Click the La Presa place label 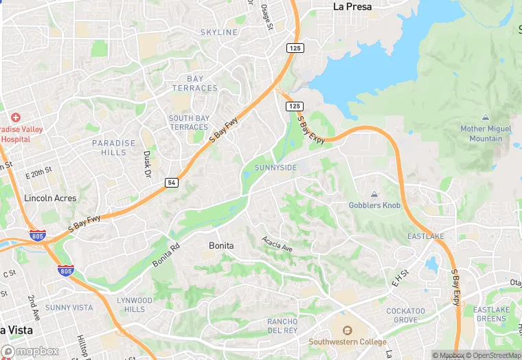(x=352, y=7)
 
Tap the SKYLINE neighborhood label (x=218, y=32)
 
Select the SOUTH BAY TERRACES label (x=189, y=123)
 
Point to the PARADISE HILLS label (x=114, y=148)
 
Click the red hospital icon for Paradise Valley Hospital (x=15, y=118)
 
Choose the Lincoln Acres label (x=50, y=198)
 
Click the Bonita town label (x=221, y=245)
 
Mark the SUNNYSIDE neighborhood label (x=275, y=168)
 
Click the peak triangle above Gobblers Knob (x=374, y=194)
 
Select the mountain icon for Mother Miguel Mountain (x=486, y=118)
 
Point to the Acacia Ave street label (x=277, y=243)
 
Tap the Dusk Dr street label (x=146, y=165)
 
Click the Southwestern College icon (x=347, y=330)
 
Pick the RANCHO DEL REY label (x=282, y=326)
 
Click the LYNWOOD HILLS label (x=135, y=305)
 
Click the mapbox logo (x=30, y=351)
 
